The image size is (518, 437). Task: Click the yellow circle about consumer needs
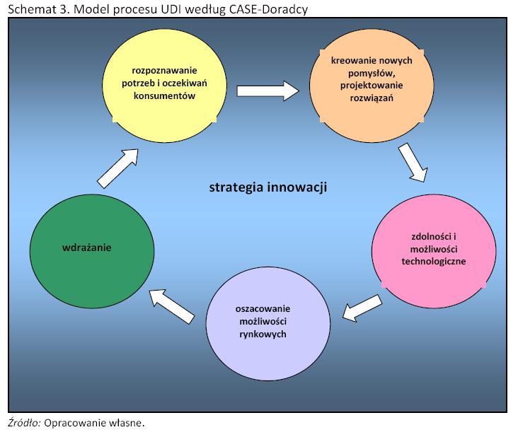coord(164,85)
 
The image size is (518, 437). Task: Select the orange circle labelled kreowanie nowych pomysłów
coord(372,86)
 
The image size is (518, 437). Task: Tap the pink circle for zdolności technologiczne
coord(434,251)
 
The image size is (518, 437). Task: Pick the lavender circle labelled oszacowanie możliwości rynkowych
coord(268,323)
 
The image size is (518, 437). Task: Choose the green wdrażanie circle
coord(92,251)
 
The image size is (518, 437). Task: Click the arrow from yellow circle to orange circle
coord(268,91)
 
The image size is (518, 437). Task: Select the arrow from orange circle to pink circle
coord(413,163)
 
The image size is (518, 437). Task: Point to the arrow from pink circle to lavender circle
coord(362,308)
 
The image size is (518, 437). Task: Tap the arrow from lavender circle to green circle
coord(172,306)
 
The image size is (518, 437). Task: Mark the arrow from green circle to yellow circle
coord(117,168)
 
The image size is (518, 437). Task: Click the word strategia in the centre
coord(236,187)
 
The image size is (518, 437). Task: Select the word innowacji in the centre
coord(297,187)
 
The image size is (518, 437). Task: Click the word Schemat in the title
coord(32,9)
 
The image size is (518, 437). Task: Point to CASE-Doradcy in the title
coord(268,10)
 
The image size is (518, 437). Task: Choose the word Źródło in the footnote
coord(24,423)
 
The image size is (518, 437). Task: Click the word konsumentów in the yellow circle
coord(164,95)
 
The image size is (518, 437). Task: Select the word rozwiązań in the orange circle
coord(372,98)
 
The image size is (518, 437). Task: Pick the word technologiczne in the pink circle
coord(434,262)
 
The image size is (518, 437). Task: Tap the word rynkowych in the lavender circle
coord(263,334)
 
